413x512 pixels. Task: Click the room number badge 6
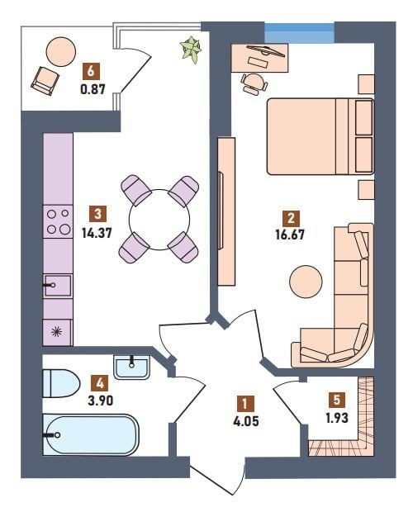coord(91,71)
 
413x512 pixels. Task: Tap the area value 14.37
coord(97,233)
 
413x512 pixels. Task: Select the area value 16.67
coord(290,235)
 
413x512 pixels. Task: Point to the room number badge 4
coord(100,383)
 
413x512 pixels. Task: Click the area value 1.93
coord(337,418)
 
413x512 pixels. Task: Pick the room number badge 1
coord(246,403)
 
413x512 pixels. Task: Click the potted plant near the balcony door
coord(191,49)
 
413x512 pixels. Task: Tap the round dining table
coord(159,220)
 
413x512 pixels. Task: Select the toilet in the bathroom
coord(61,383)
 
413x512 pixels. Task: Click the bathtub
coord(91,434)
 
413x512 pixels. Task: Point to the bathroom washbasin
coord(132,367)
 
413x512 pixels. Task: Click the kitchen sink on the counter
coord(58,286)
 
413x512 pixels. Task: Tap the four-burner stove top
coord(58,221)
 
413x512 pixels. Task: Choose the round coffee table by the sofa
coord(306,282)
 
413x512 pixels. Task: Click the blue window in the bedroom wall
coord(299,32)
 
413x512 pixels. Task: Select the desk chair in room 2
coord(254,84)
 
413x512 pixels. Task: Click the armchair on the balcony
coord(45,81)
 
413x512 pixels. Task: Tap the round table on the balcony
coord(61,51)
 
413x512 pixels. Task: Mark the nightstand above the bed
coord(366,84)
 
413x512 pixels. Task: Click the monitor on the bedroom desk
coord(265,50)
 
